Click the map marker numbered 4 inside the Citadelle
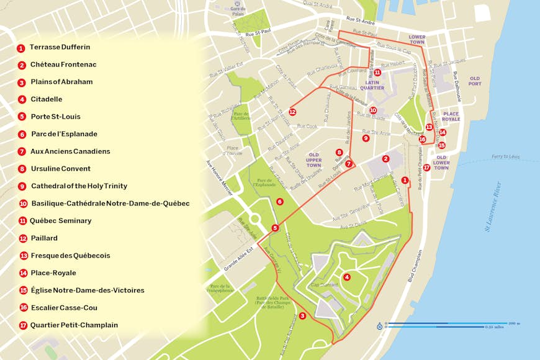347,277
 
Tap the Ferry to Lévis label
505,156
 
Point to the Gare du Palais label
235,8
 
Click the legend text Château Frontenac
63,65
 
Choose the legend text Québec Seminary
61,220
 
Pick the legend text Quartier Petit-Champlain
74,325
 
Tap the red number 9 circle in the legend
22,186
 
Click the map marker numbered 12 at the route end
292,112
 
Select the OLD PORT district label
475,81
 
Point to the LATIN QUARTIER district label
375,85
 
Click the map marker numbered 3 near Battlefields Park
302,316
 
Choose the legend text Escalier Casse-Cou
64,307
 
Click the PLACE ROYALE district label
451,117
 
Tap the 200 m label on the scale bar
514,323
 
